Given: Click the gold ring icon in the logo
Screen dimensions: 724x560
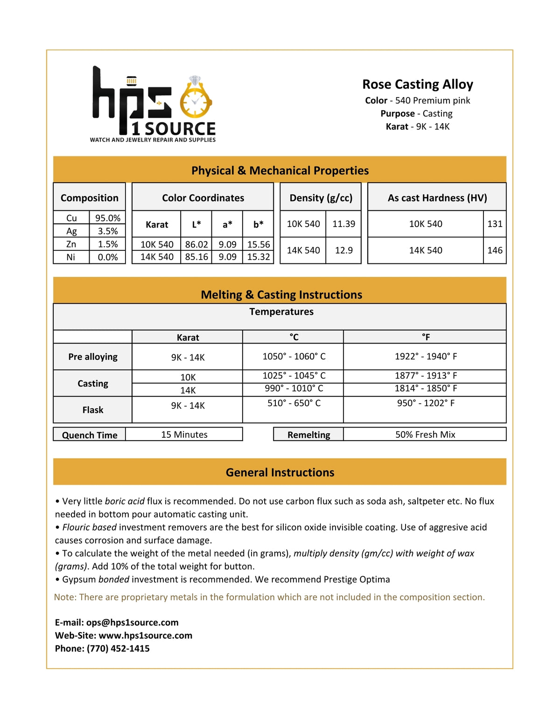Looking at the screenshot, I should pyautogui.click(x=195, y=100).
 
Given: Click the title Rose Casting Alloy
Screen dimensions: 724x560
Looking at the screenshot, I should pyautogui.click(x=418, y=84).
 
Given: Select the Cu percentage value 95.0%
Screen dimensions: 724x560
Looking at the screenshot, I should pyautogui.click(x=107, y=218).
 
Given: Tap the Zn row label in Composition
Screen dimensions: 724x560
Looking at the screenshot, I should pyautogui.click(x=71, y=244).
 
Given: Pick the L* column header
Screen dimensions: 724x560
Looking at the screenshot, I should pyautogui.click(x=196, y=224).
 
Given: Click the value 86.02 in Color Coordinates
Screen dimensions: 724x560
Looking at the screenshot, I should pyautogui.click(x=196, y=244).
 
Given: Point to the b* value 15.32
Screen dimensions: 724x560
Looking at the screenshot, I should pyautogui.click(x=259, y=257).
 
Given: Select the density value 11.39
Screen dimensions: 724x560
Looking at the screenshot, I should pyautogui.click(x=343, y=224).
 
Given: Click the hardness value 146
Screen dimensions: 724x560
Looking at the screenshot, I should pyautogui.click(x=495, y=250).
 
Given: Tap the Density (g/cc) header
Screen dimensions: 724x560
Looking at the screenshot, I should pyautogui.click(x=321, y=198).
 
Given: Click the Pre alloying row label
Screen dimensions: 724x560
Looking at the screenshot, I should pyautogui.click(x=92, y=357).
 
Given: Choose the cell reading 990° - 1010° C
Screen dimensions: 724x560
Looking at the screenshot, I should pyautogui.click(x=294, y=388).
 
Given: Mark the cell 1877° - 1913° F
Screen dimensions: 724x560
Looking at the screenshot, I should pyautogui.click(x=426, y=375).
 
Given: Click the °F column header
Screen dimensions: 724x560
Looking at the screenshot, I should pyautogui.click(x=426, y=337).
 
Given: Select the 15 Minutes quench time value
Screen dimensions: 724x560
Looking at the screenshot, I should pyautogui.click(x=184, y=434).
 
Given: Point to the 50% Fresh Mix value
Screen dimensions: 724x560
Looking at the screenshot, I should pyautogui.click(x=425, y=434).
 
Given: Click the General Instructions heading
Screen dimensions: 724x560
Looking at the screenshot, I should pyautogui.click(x=280, y=472).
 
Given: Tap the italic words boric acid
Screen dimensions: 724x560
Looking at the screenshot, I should pyautogui.click(x=125, y=501).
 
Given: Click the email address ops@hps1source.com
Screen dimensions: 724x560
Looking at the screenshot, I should pyautogui.click(x=132, y=622).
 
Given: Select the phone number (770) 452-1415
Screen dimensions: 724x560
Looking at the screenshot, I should pyautogui.click(x=118, y=648).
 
